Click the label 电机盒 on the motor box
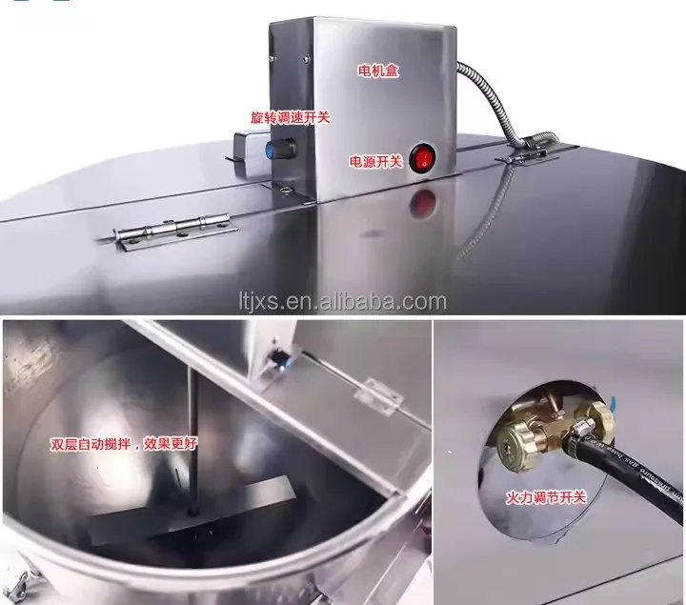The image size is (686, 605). pyautogui.click(x=378, y=70)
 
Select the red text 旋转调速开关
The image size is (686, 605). pyautogui.click(x=290, y=118)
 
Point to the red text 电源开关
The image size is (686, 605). pyautogui.click(x=375, y=161)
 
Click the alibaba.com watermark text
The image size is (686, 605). pyautogui.click(x=343, y=302)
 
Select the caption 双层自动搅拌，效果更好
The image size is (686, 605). pyautogui.click(x=124, y=444)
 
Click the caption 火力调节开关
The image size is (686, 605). pyautogui.click(x=546, y=497)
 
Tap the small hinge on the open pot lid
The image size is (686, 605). pyautogui.click(x=377, y=396)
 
